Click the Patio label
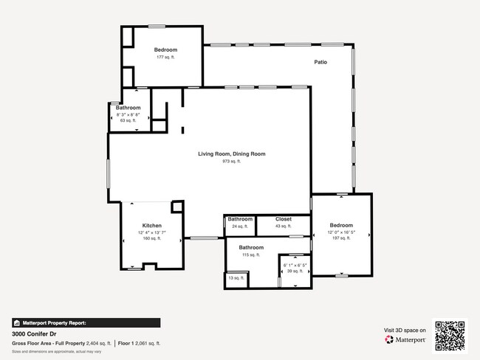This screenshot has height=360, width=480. click(320, 62)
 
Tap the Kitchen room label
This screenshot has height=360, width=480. click(152, 226)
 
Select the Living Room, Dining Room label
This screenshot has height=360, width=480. click(231, 153)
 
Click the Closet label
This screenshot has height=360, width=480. click(284, 219)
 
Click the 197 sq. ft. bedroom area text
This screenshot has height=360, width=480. click(341, 238)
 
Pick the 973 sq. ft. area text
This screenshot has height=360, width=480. click(231, 161)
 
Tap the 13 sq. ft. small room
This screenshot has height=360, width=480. click(236, 277)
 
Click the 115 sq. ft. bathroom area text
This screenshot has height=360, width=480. click(251, 255)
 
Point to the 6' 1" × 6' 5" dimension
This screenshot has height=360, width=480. click(295, 265)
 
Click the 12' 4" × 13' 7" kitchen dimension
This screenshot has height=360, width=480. click(152, 232)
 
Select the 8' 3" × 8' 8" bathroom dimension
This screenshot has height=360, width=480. click(128, 114)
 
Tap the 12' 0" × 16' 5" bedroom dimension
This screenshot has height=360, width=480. click(341, 232)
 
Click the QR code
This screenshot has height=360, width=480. click(450, 335)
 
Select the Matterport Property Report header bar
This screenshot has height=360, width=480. click(86, 322)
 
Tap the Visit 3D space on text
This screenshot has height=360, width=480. click(405, 330)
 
